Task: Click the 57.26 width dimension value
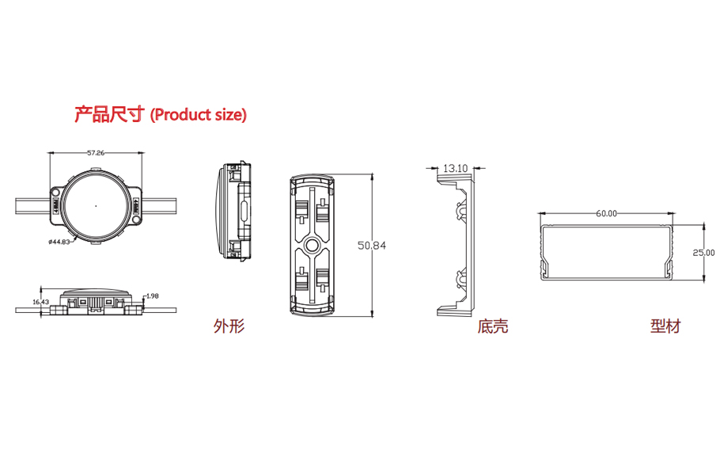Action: pos(96,153)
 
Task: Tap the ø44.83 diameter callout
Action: pos(59,242)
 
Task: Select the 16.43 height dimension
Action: pos(41,302)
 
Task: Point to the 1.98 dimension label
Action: pos(153,296)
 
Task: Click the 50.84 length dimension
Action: pos(372,246)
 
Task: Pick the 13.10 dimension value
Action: pos(455,168)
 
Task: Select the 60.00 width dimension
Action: pos(607,213)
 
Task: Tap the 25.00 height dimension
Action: pos(703,253)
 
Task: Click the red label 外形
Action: pos(229,326)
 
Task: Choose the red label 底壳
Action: pos(493,326)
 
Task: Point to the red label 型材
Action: pos(665,326)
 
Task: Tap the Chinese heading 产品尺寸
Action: pos(109,113)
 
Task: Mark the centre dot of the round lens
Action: pos(96,206)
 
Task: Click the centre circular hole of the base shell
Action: pos(311,245)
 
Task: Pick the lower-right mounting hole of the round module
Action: pos(136,220)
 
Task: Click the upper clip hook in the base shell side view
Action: pos(460,210)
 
